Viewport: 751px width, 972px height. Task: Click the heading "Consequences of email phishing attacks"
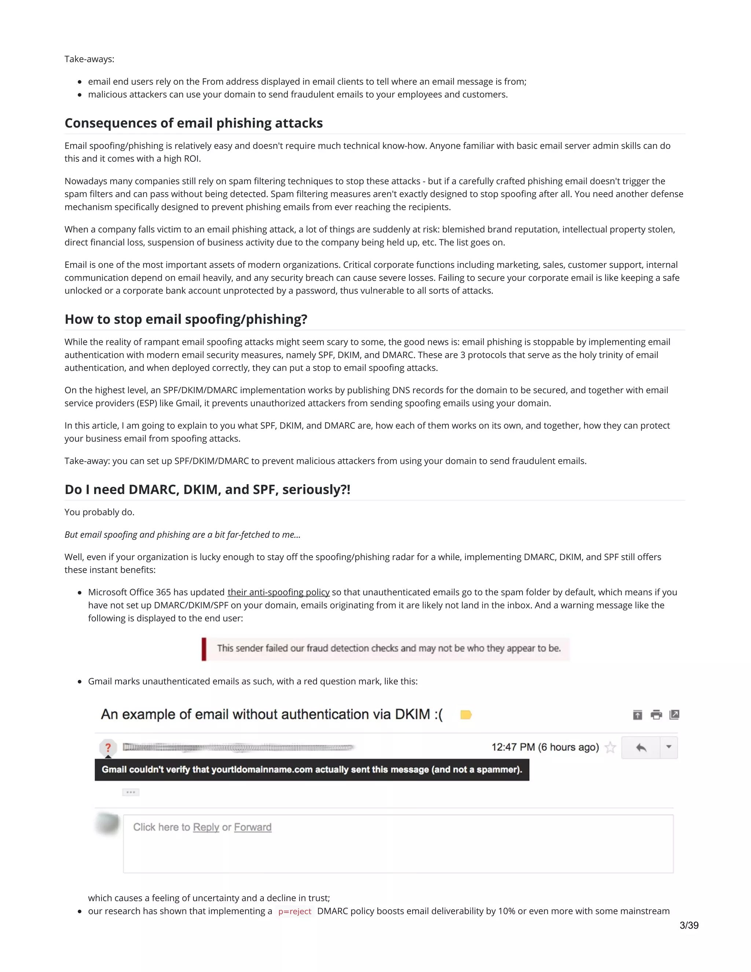point(194,123)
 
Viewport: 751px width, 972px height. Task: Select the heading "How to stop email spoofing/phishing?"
point(186,319)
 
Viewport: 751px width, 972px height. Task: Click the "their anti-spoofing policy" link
point(279,592)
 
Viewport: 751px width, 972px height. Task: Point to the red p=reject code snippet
point(294,911)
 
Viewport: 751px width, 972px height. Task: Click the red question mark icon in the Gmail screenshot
point(108,747)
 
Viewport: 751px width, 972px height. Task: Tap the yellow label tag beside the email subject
point(466,715)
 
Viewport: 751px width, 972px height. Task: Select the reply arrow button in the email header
point(641,747)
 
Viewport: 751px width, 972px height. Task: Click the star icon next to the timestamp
point(611,747)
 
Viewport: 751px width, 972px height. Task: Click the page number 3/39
point(689,925)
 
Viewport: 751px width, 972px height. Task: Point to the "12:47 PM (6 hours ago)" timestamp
point(545,747)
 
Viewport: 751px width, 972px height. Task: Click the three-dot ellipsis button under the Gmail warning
point(131,792)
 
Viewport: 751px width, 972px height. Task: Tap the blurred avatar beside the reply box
point(108,824)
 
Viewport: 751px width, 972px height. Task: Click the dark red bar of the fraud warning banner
point(204,649)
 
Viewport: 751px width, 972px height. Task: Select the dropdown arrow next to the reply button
point(668,747)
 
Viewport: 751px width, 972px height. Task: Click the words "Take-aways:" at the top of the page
point(89,59)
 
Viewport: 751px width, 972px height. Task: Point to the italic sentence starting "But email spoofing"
point(182,534)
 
